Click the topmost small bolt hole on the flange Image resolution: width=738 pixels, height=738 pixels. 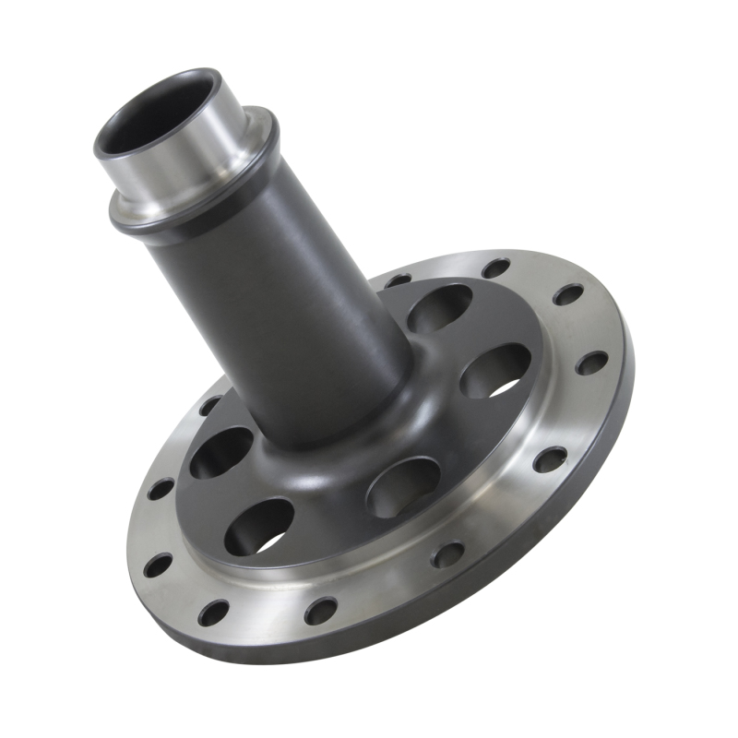coord(496,268)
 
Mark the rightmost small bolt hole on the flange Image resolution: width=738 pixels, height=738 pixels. coord(591,363)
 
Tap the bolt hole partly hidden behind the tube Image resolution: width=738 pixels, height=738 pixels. coord(399,279)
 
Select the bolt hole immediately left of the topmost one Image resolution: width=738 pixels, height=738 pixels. coord(399,279)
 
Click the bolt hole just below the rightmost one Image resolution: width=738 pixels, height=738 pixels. coord(550,458)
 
